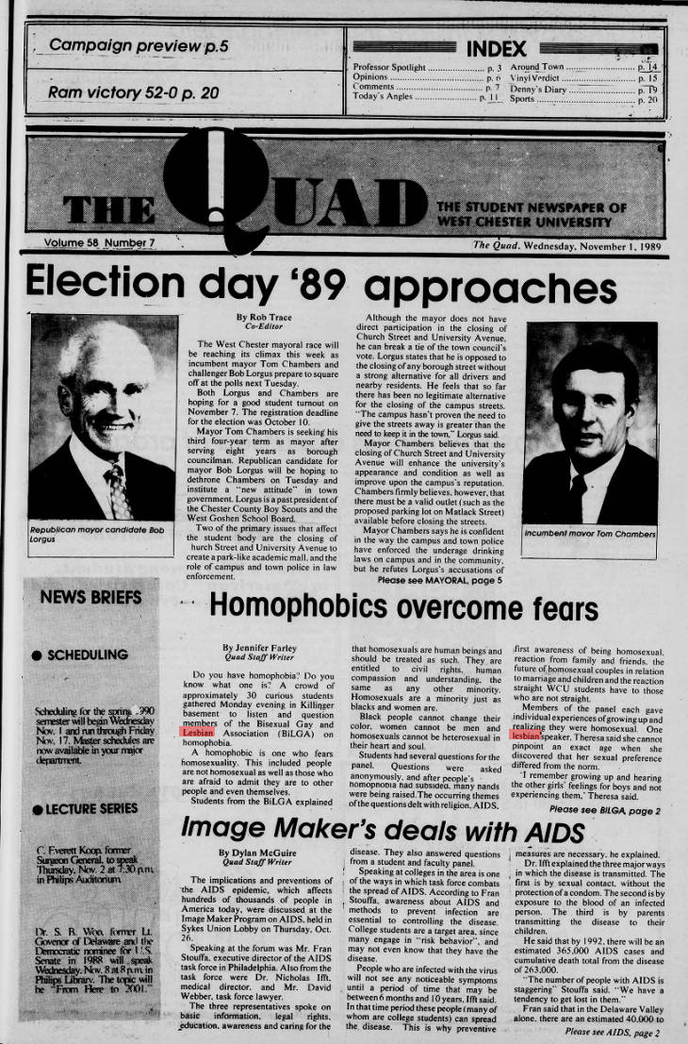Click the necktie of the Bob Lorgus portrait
tap(118, 489)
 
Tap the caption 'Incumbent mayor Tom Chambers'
tap(591, 534)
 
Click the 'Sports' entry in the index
tap(526, 98)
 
